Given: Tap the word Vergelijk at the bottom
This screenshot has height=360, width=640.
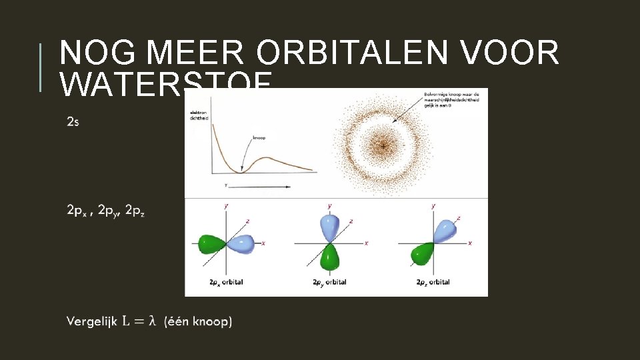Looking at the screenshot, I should tap(91, 322).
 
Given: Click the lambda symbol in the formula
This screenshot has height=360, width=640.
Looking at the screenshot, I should tap(152, 321).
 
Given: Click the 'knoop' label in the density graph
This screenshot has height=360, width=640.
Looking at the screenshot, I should tap(259, 138).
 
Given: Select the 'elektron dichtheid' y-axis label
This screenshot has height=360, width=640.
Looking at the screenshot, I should tap(199, 115).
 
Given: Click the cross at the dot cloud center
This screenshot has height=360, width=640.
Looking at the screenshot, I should tap(383, 145).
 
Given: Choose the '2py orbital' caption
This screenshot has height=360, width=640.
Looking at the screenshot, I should tap(329, 282).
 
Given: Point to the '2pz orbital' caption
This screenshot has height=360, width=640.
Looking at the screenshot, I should tap(433, 282).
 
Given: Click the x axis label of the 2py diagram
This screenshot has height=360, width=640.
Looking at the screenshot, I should tap(366, 243).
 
